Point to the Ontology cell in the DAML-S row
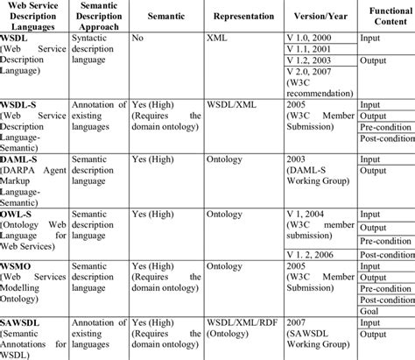[x=229, y=160]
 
